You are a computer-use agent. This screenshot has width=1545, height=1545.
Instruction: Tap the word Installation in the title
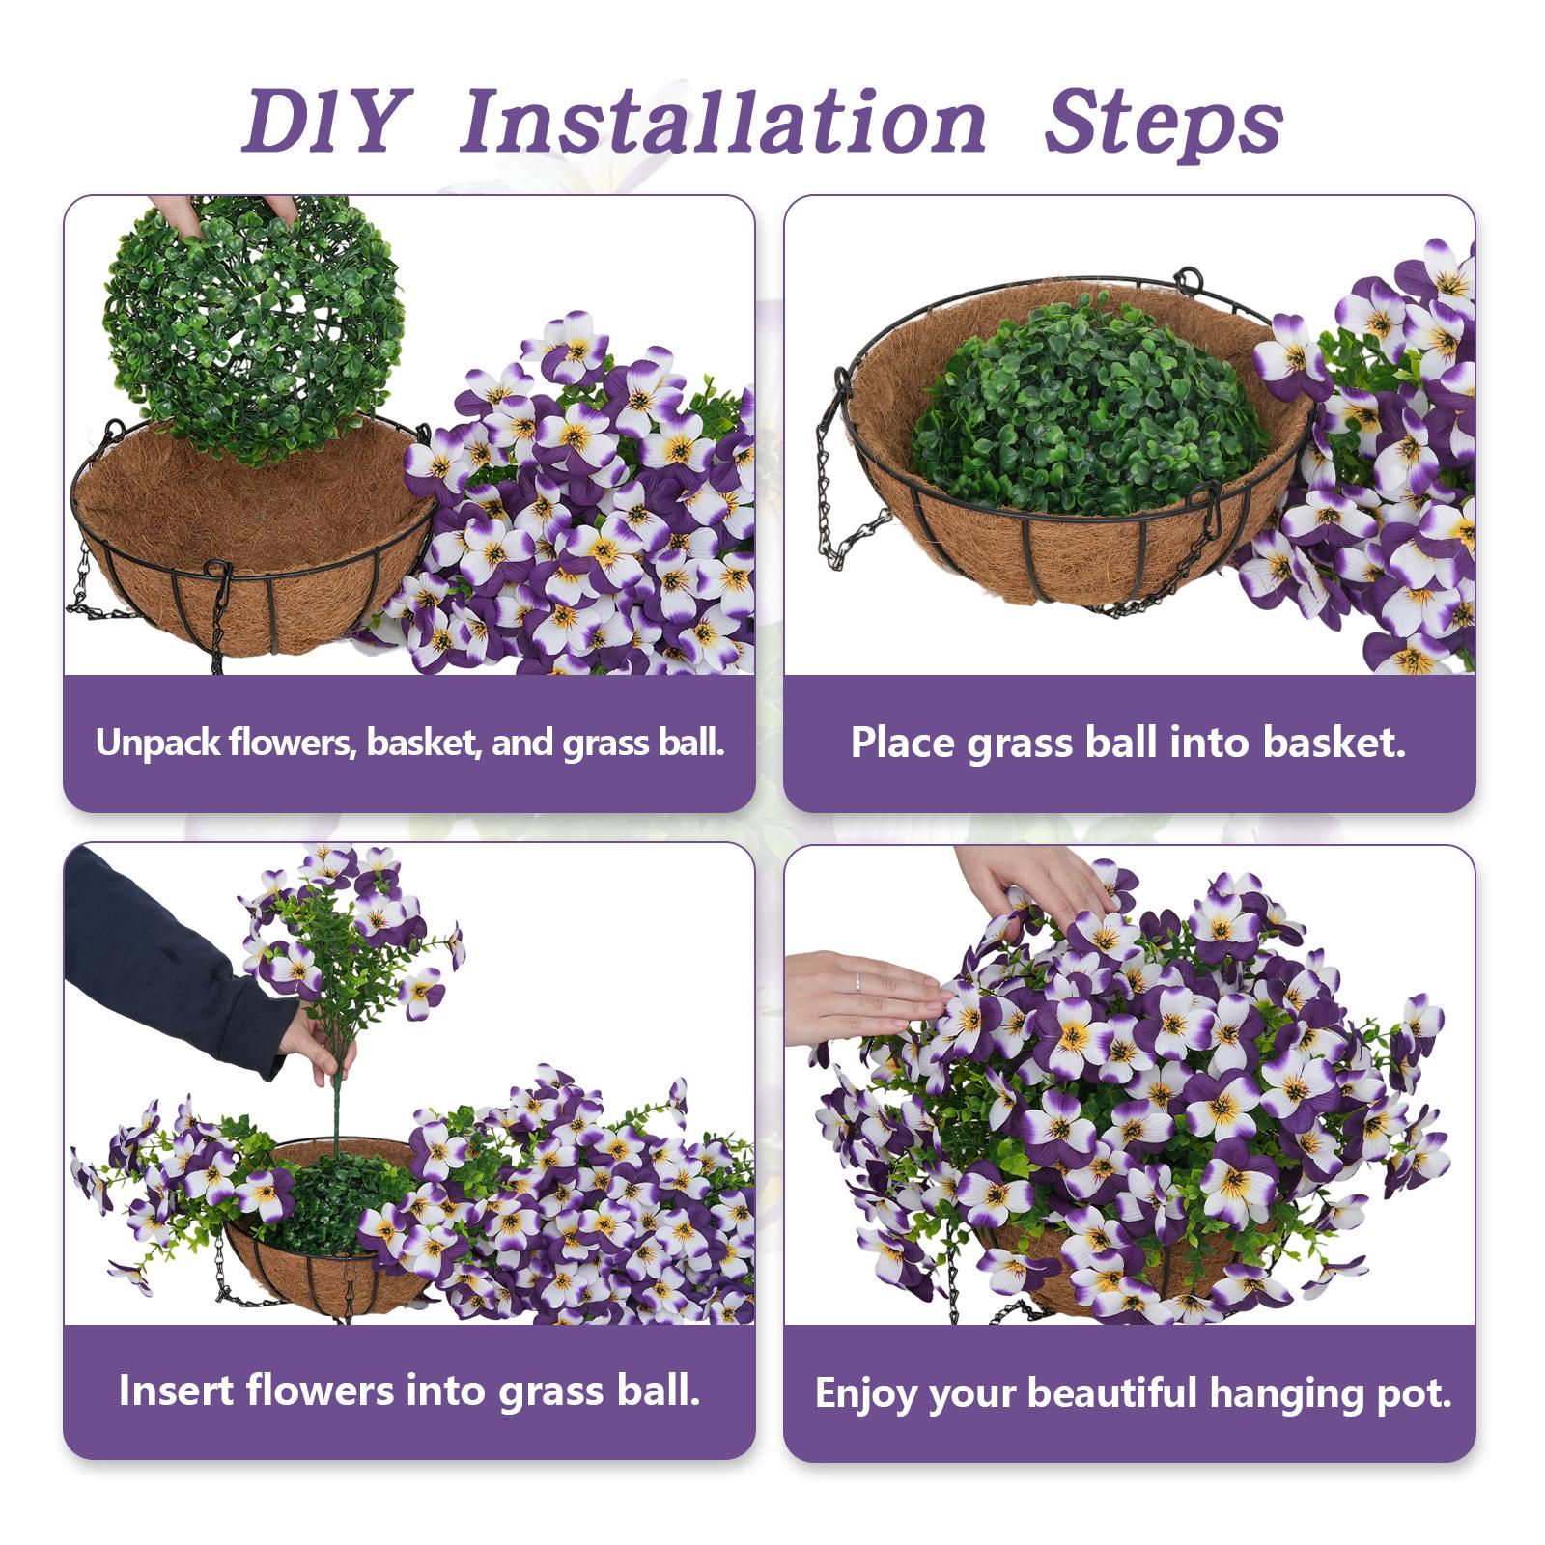pos(722,123)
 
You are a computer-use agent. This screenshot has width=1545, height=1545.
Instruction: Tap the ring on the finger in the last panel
pos(858,982)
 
